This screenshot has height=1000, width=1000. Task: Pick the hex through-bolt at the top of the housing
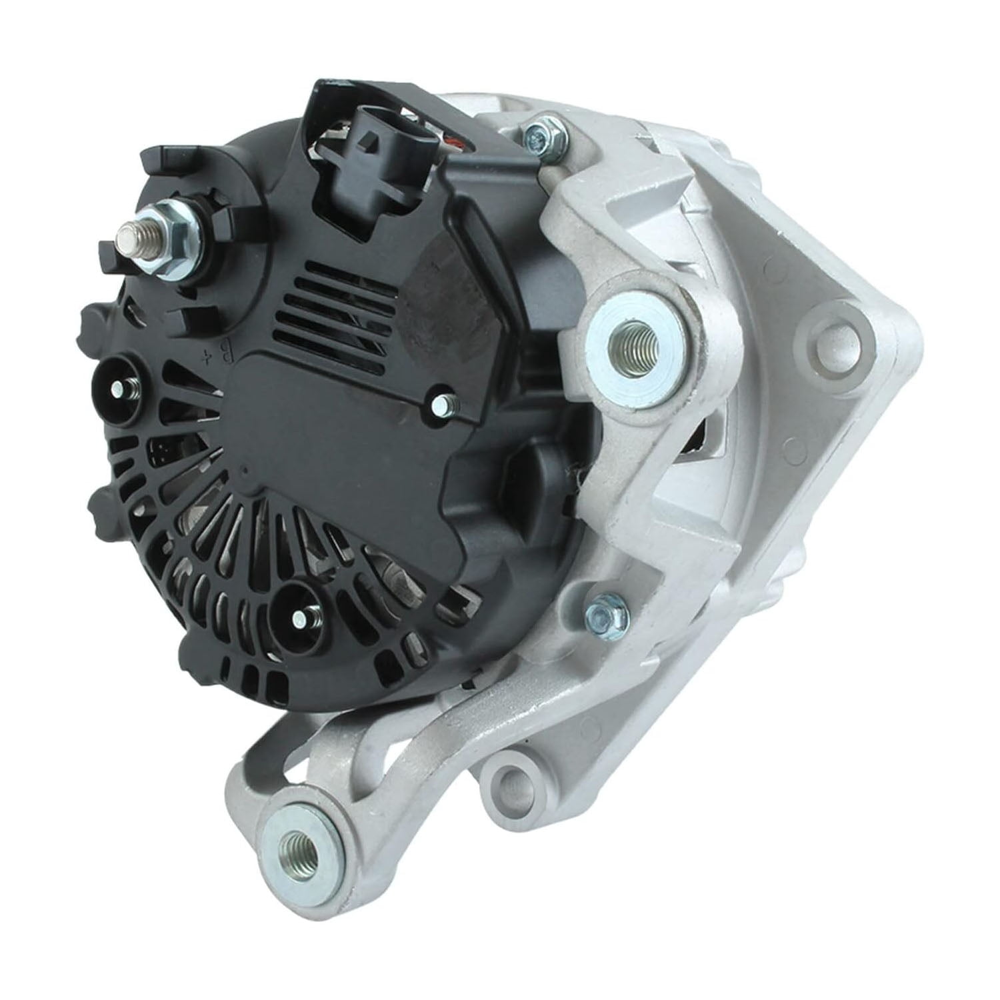[541, 136]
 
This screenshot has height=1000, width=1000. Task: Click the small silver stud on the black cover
[443, 403]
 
